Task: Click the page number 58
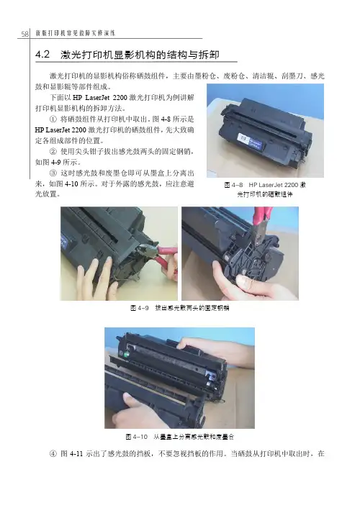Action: (x=25, y=34)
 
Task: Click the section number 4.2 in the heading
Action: (x=42, y=54)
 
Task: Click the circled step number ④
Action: (x=53, y=453)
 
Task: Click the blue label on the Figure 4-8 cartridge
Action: (x=250, y=142)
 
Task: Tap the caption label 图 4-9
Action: (x=140, y=308)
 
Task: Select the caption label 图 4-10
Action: (x=137, y=437)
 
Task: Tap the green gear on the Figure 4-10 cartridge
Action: (x=127, y=354)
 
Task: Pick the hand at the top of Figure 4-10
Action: (x=211, y=349)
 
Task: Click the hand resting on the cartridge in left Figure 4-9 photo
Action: (x=97, y=277)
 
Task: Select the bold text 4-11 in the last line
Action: (x=76, y=454)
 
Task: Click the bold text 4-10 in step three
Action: (x=71, y=184)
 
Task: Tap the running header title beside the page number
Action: (x=76, y=33)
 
